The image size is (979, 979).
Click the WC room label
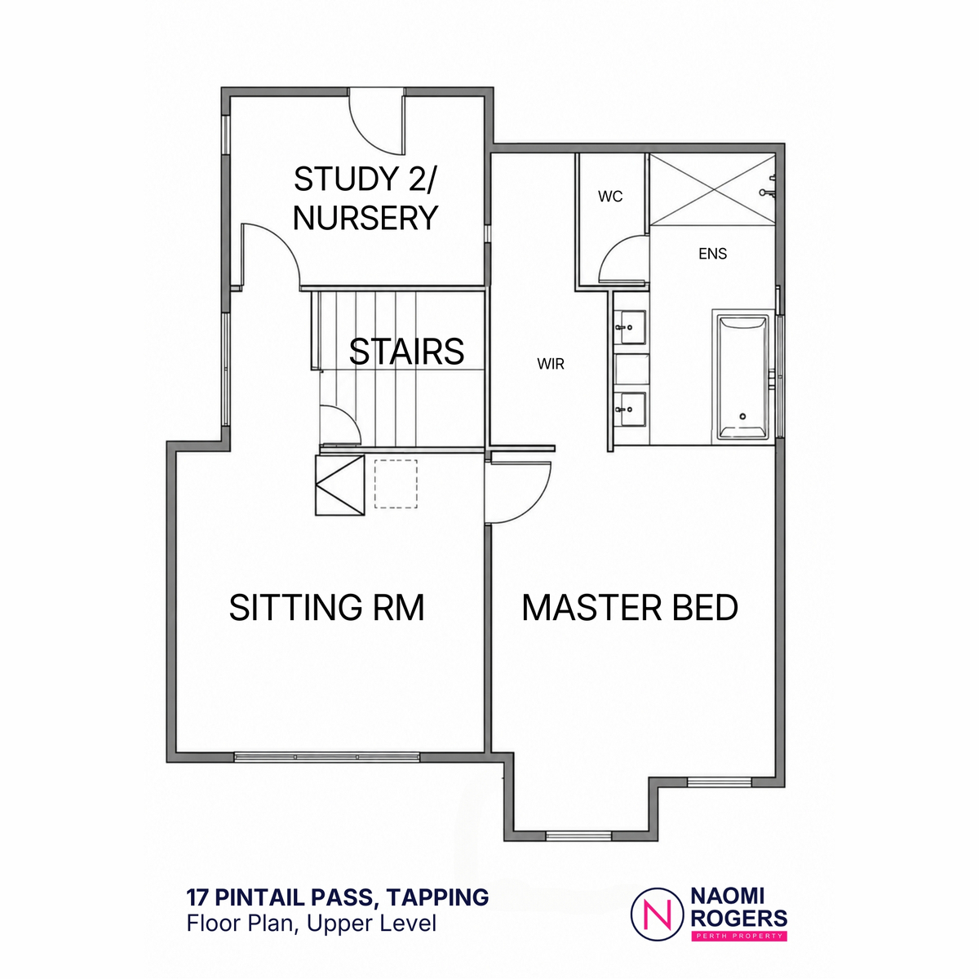pos(609,197)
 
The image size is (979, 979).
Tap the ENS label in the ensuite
pos(712,254)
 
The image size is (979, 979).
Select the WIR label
pos(551,364)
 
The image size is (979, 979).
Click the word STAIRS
pos(406,352)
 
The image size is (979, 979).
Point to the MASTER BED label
pos(630,607)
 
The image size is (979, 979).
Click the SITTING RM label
pos(326,607)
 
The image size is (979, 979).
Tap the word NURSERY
pos(365,218)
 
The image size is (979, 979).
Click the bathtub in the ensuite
pos(742,377)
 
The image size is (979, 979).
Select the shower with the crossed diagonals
pos(713,188)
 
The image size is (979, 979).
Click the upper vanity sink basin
pos(630,327)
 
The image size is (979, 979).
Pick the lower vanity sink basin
pos(630,409)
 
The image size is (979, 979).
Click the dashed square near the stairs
pos(396,484)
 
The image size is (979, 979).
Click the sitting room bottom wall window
pos(326,757)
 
